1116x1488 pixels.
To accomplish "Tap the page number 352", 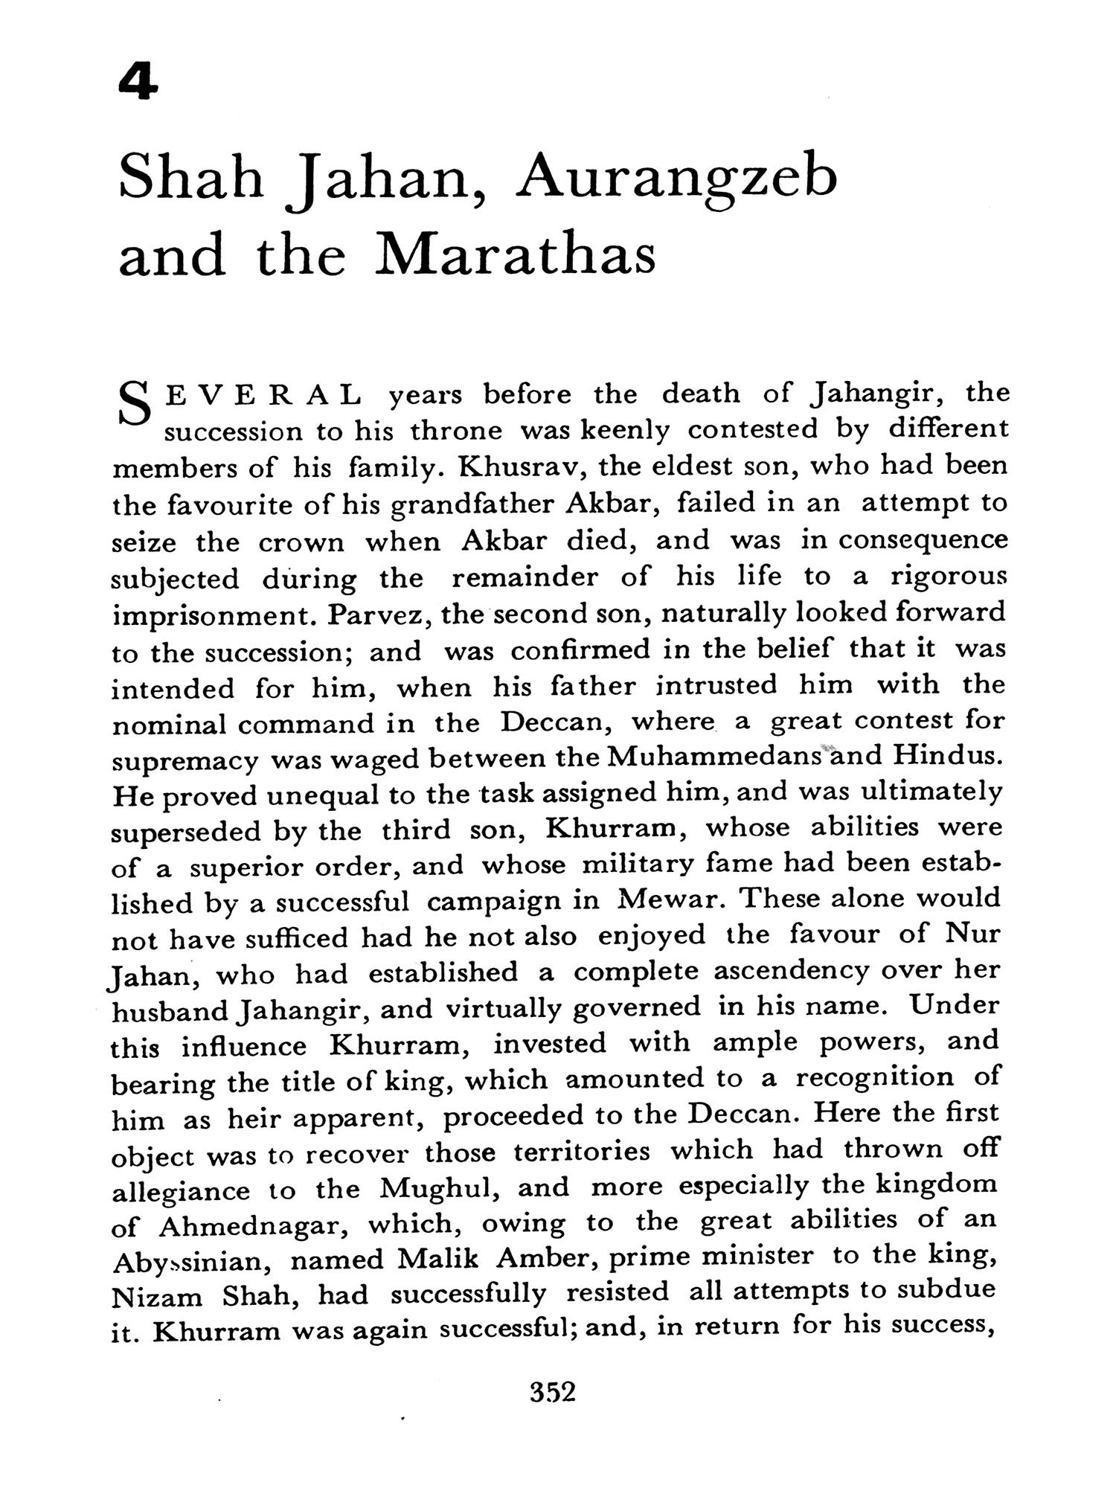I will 553,1391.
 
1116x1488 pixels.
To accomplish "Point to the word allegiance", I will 180,1190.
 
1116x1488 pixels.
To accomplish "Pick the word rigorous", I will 948,577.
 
